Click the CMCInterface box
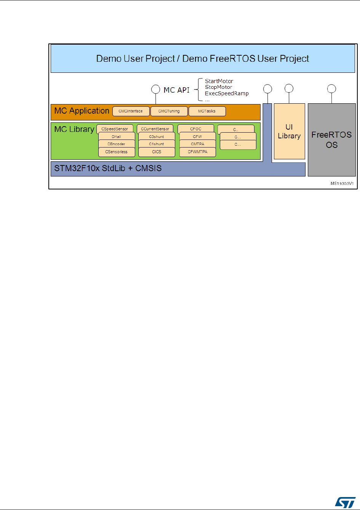pyautogui.click(x=131, y=111)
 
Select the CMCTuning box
pyautogui.click(x=169, y=111)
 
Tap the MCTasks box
pyautogui.click(x=207, y=111)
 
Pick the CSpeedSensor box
pyautogui.click(x=115, y=129)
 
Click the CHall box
pyautogui.click(x=117, y=136)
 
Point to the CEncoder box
pyautogui.click(x=117, y=144)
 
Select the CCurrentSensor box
pyautogui.click(x=155, y=129)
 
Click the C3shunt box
pyautogui.click(x=157, y=136)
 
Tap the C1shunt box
pyautogui.click(x=157, y=144)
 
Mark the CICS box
pyautogui.click(x=157, y=152)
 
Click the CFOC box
pyautogui.click(x=195, y=129)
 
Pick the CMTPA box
pyautogui.click(x=197, y=144)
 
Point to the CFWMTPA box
pyautogui.click(x=197, y=152)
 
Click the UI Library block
pyautogui.click(x=289, y=131)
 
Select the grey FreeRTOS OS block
pyautogui.click(x=331, y=140)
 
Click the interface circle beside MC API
pyautogui.click(x=155, y=90)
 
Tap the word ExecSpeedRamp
pyautogui.click(x=227, y=93)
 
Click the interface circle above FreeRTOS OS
pyautogui.click(x=332, y=89)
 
